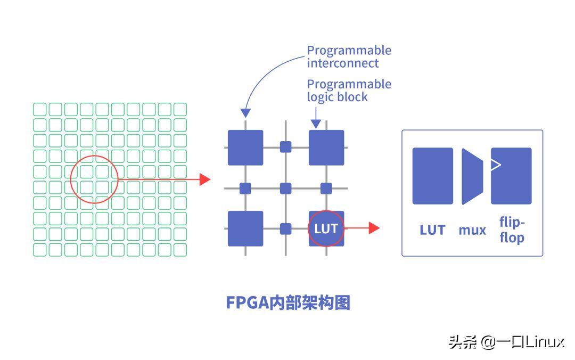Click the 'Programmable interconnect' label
[x=349, y=56]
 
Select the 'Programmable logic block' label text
[x=349, y=91]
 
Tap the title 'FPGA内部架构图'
[x=288, y=302]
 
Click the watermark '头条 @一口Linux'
[x=506, y=341]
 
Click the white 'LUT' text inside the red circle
[x=326, y=228]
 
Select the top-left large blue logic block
[x=245, y=148]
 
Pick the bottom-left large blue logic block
[x=245, y=228]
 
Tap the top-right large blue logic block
[x=326, y=148]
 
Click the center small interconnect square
[x=286, y=188]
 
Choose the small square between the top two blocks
[x=286, y=147]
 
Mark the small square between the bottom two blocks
[x=286, y=228]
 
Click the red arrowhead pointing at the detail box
[x=374, y=228]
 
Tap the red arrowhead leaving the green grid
[x=205, y=179]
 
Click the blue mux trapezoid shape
[x=472, y=176]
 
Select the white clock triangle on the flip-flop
[x=496, y=165]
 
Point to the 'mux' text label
[x=472, y=230]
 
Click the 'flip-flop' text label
[x=512, y=230]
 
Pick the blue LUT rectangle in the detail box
[x=432, y=176]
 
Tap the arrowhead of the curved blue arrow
[x=245, y=112]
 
